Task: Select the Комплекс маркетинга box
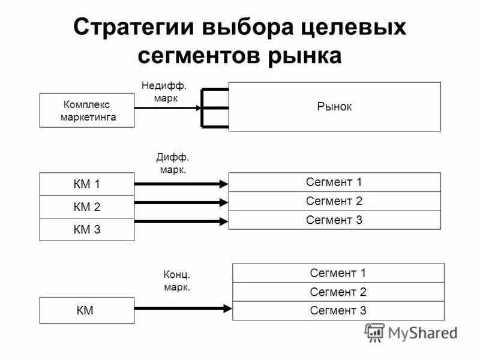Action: pos(88,110)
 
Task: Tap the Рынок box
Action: pos(334,107)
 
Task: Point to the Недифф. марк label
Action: pos(160,92)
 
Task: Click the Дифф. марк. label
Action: pos(173,163)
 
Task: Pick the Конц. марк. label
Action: pos(177,281)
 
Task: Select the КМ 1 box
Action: pos(87,184)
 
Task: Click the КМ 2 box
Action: pos(87,207)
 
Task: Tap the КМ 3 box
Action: pos(87,229)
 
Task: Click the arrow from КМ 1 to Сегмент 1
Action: pos(180,184)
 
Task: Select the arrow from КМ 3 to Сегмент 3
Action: pos(180,222)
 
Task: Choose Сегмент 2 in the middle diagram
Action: pos(334,201)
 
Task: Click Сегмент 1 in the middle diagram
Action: pos(334,182)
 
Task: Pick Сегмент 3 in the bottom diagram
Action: pos(338,310)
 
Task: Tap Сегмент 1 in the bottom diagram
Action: pos(338,273)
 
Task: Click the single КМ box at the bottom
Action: pos(87,310)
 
